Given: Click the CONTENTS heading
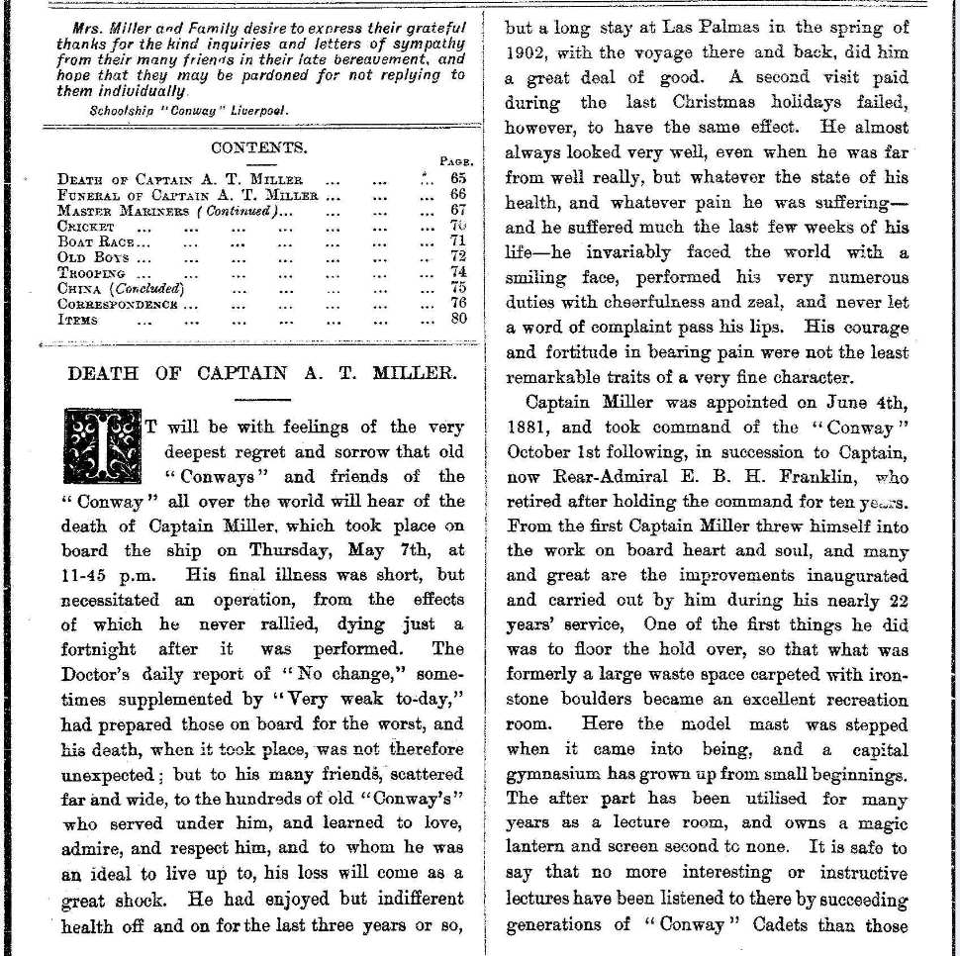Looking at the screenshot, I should coord(259,147).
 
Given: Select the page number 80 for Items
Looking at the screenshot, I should coord(458,320).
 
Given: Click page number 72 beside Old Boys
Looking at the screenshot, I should coord(458,256).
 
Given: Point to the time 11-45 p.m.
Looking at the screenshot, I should coord(101,573).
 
